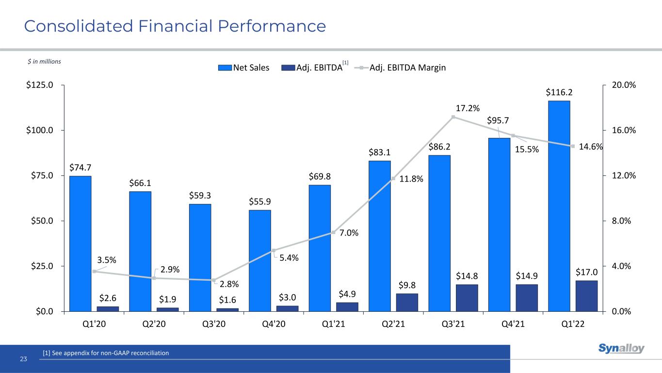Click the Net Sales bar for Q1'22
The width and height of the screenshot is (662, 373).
click(x=559, y=206)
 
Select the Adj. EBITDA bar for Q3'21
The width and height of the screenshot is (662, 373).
click(x=467, y=298)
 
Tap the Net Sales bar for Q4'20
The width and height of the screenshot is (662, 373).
click(x=259, y=260)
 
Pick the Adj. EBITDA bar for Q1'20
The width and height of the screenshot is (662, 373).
click(x=108, y=308)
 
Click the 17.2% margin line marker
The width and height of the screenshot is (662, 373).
click(x=453, y=117)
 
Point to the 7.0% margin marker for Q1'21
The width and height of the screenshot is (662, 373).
click(x=333, y=232)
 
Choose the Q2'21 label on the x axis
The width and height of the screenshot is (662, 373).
click(x=393, y=324)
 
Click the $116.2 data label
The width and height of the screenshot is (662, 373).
click(x=559, y=92)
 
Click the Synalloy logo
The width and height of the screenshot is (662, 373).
click(x=621, y=348)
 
